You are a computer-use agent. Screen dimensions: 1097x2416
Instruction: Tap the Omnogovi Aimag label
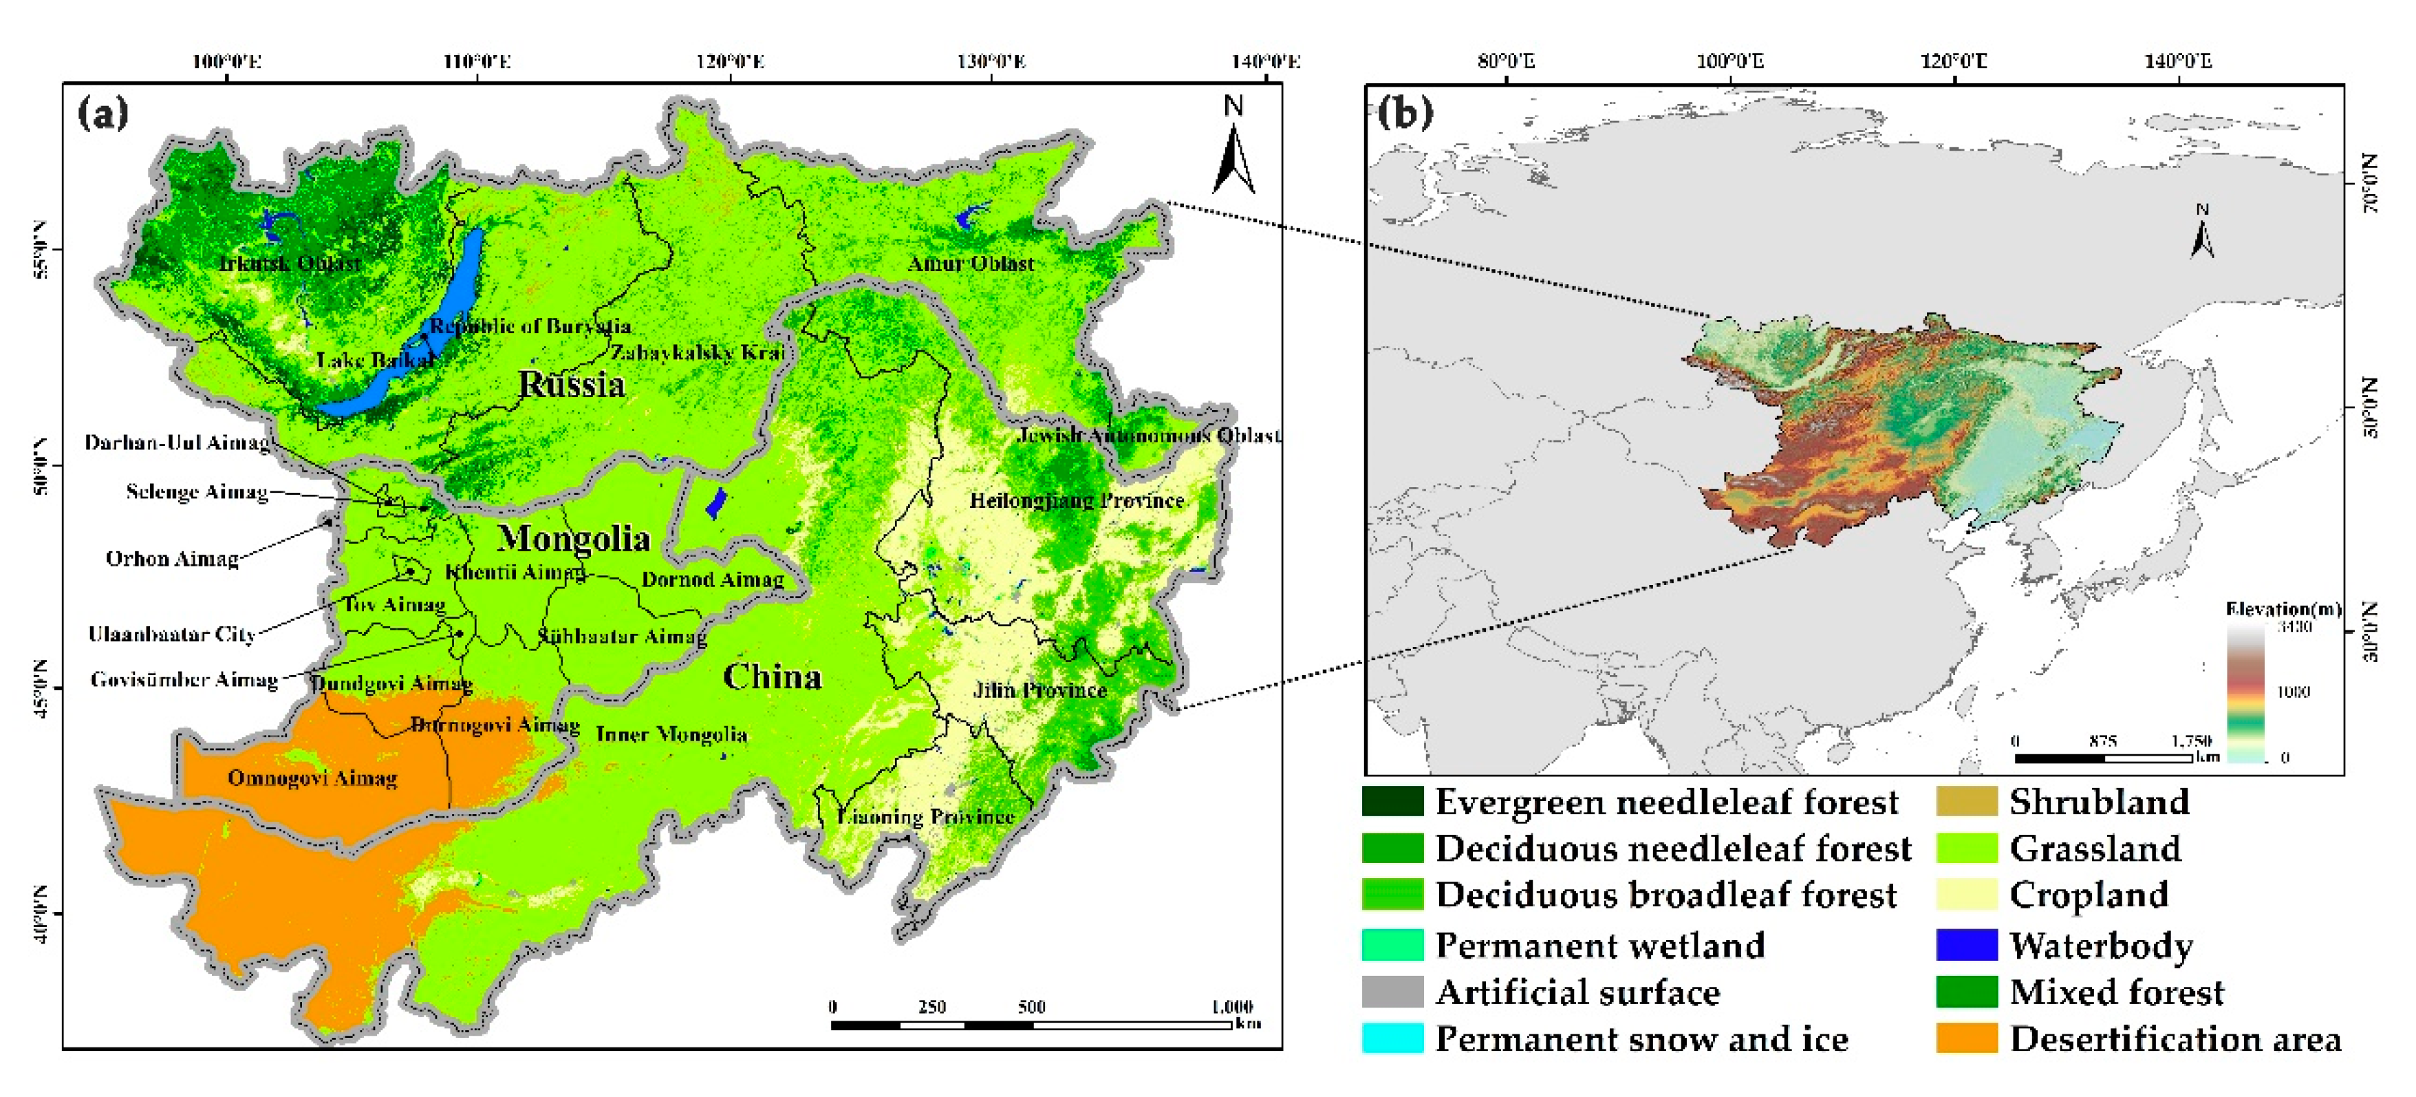[312, 778]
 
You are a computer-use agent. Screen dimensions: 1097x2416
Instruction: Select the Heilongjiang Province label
[1076, 500]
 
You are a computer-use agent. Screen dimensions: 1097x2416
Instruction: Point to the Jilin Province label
[1039, 690]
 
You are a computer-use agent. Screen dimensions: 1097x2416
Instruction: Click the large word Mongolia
[573, 539]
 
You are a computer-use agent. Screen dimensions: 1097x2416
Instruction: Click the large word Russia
[571, 385]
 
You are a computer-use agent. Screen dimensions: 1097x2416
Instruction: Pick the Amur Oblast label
[971, 264]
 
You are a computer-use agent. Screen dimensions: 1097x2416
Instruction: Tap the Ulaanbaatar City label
[171, 635]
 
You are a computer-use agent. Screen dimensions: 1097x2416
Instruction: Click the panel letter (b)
[1405, 113]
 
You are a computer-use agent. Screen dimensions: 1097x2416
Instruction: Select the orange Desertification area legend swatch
[1966, 1039]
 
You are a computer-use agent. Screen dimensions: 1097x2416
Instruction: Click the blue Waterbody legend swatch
[1966, 945]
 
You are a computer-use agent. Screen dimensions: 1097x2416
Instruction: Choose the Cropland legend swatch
[1966, 894]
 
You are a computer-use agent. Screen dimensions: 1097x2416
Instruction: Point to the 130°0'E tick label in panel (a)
[991, 62]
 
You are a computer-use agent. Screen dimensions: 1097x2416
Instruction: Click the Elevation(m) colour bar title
[2282, 609]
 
